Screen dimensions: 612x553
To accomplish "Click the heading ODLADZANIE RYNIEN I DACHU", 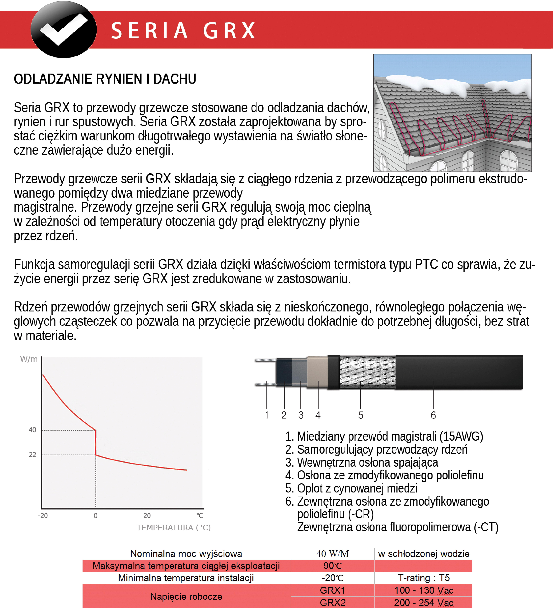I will pos(105,79).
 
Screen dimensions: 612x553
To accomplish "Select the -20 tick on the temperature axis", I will pos(43,515).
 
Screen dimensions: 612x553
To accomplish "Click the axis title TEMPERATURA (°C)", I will pos(173,528).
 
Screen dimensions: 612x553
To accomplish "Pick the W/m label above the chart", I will pos(29,359).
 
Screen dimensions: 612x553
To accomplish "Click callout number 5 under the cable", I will pos(360,415).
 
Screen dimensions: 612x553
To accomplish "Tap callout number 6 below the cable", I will pos(433,415).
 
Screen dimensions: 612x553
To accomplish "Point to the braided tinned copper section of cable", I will pos(367,372).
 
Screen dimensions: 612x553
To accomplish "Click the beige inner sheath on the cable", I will pos(317,372).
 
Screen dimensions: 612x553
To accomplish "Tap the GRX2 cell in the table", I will pos(333,603).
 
